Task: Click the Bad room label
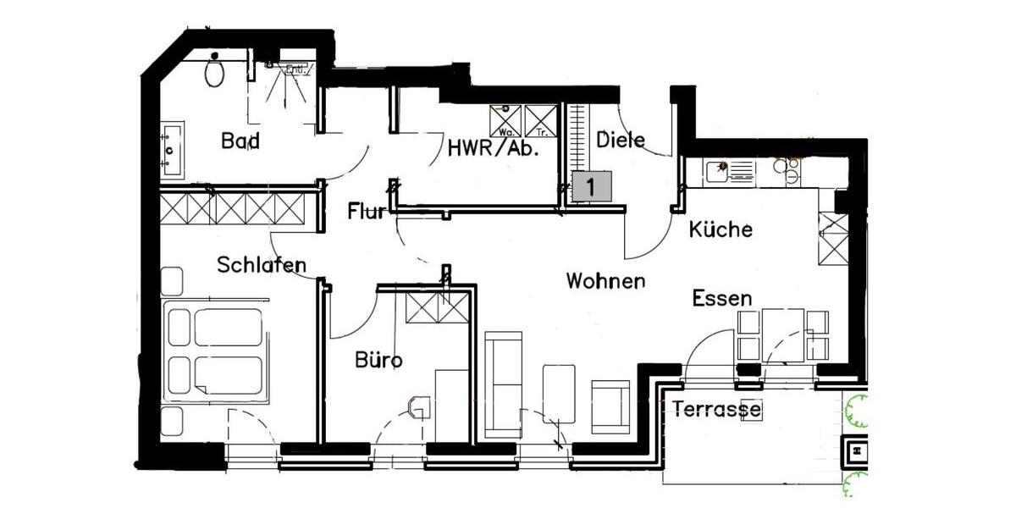click(x=240, y=141)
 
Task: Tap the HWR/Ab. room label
click(x=494, y=150)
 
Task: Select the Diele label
click(x=621, y=140)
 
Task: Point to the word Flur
click(x=367, y=211)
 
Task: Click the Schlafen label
click(x=261, y=265)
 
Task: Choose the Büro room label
click(x=378, y=361)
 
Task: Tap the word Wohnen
click(x=605, y=281)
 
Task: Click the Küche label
click(x=721, y=229)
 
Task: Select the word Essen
click(x=721, y=298)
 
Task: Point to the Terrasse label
click(x=716, y=410)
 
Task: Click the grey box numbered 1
click(x=591, y=186)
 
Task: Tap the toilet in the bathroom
click(x=215, y=71)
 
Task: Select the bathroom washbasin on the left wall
click(x=172, y=150)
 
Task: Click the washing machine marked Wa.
click(x=505, y=121)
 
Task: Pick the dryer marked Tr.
click(x=540, y=121)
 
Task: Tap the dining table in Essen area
click(x=783, y=334)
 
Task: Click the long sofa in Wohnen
click(x=503, y=385)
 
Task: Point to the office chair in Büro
click(x=418, y=408)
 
